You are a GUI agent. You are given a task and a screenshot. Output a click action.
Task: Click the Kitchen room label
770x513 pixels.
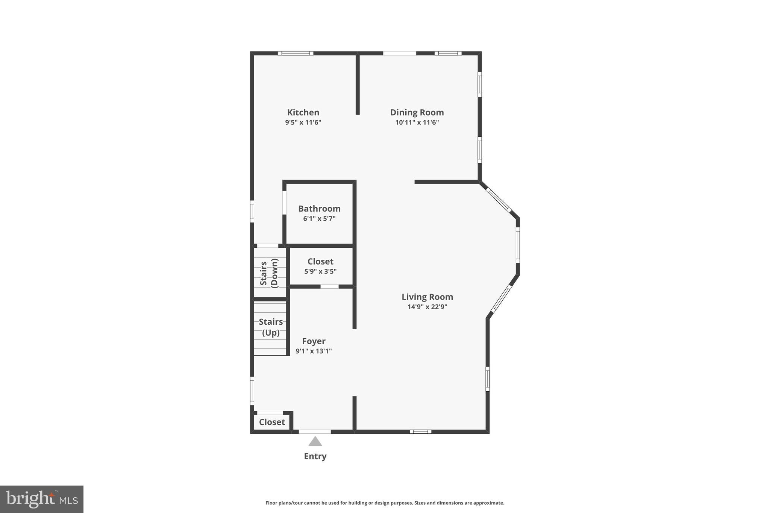coord(303,112)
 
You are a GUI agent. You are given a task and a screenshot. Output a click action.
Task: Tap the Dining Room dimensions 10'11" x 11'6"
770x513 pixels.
coord(417,122)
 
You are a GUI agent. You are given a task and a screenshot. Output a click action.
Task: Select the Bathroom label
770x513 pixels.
coord(319,209)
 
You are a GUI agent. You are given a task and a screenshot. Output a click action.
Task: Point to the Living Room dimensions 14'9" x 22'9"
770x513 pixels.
coord(427,307)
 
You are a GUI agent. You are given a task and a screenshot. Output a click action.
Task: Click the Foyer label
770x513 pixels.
coord(314,341)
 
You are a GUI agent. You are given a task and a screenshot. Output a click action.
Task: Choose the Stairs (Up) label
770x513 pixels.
coord(271,327)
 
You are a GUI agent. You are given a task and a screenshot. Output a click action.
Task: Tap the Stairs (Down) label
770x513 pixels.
coord(269,273)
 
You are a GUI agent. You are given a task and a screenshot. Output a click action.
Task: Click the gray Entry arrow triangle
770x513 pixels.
coord(315,441)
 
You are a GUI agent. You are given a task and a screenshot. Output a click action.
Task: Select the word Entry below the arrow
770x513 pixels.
coord(315,456)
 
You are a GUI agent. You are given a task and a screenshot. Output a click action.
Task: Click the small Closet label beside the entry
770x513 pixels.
coord(272,422)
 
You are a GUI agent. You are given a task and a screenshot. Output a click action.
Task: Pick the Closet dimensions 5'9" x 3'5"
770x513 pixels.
coord(320,271)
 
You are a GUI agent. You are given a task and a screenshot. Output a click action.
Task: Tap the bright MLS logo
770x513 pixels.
coord(42,499)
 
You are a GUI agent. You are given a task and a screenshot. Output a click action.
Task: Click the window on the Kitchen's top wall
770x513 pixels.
coord(296,53)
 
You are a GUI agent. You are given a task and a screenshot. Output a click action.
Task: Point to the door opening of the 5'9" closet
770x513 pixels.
coord(329,287)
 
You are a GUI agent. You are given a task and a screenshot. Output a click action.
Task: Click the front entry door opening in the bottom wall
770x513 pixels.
coord(315,431)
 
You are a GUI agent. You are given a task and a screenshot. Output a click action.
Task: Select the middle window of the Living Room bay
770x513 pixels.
coord(518,245)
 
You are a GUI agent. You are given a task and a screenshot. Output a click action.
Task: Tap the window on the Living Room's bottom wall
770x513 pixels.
coord(420,431)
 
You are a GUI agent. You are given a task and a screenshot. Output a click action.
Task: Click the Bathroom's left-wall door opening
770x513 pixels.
coord(285,203)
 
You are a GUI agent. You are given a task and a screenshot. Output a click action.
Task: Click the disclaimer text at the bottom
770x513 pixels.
coord(385,503)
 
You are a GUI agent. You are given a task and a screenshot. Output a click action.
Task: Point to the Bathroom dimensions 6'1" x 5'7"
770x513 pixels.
coord(319,218)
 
